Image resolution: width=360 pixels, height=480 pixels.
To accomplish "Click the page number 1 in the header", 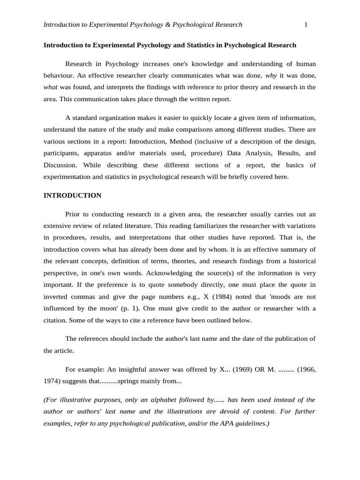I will [x=306, y=25].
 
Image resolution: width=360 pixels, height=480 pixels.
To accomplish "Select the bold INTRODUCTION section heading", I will [x=72, y=195].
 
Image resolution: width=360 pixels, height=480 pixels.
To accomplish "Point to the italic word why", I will [x=271, y=75].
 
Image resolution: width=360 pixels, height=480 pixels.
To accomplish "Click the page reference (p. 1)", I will [x=128, y=308].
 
